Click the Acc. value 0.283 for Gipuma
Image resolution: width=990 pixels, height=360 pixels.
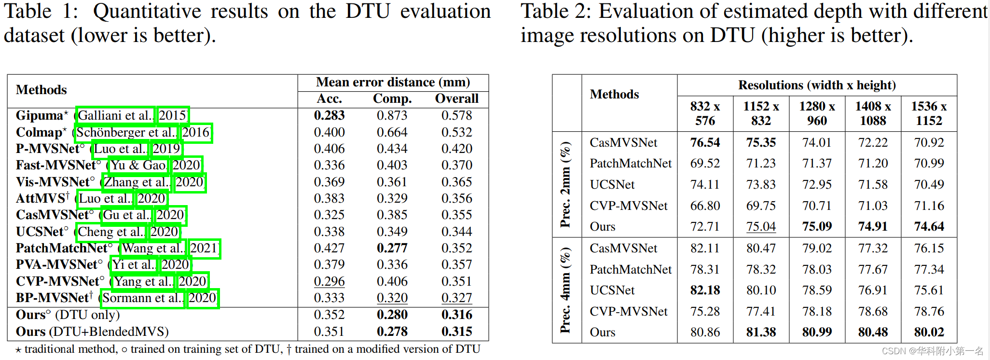click(x=329, y=115)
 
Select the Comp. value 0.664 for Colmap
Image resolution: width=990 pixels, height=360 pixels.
click(x=392, y=132)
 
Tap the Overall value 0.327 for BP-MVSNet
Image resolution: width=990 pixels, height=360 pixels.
click(x=456, y=298)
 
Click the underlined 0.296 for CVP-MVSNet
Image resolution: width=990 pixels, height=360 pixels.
click(x=329, y=281)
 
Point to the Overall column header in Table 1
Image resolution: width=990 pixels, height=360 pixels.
click(x=456, y=98)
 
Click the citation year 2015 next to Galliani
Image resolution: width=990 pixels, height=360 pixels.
click(x=173, y=115)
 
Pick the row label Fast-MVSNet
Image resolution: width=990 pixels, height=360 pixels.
click(x=56, y=165)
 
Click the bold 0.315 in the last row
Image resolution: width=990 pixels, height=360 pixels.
click(x=456, y=332)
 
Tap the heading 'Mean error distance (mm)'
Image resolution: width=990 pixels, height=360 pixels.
click(x=393, y=82)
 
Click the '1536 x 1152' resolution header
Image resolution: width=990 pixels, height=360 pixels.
click(x=929, y=113)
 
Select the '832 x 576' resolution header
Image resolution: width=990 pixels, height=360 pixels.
click(x=705, y=113)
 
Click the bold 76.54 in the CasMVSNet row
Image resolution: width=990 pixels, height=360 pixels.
click(x=705, y=142)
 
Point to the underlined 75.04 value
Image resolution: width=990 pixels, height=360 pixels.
click(x=761, y=226)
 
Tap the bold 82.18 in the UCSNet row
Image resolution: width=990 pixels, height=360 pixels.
click(x=705, y=290)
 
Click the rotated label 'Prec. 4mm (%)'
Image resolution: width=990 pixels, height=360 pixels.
click(x=565, y=290)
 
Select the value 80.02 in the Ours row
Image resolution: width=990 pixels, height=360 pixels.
click(x=929, y=332)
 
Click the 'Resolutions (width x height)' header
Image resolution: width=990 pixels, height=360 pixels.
click(x=817, y=85)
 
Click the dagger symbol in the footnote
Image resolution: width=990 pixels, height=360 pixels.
click(x=289, y=349)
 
